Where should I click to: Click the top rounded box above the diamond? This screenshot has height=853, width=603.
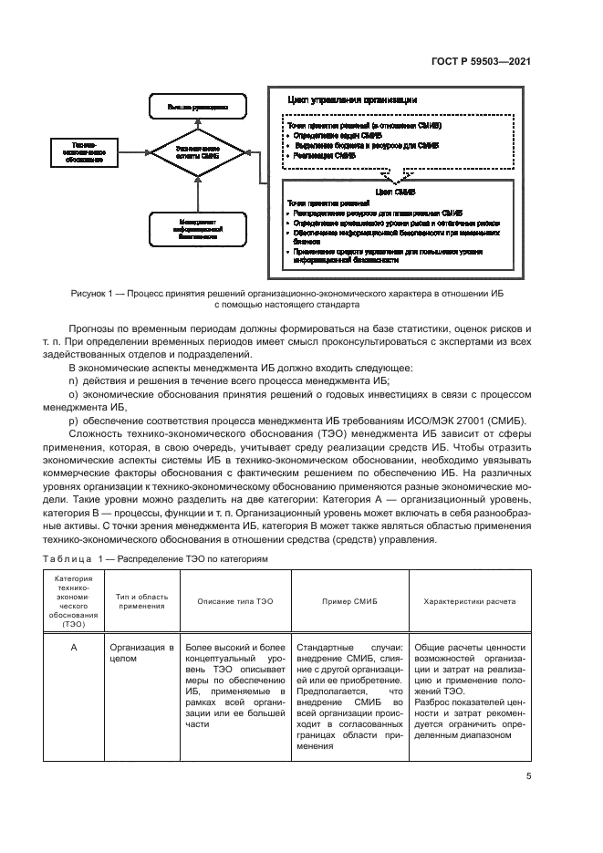pos(192,108)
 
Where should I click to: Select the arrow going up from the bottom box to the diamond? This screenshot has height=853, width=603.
pos(192,192)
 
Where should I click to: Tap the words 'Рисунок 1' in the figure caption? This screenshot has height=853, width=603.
pos(92,294)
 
